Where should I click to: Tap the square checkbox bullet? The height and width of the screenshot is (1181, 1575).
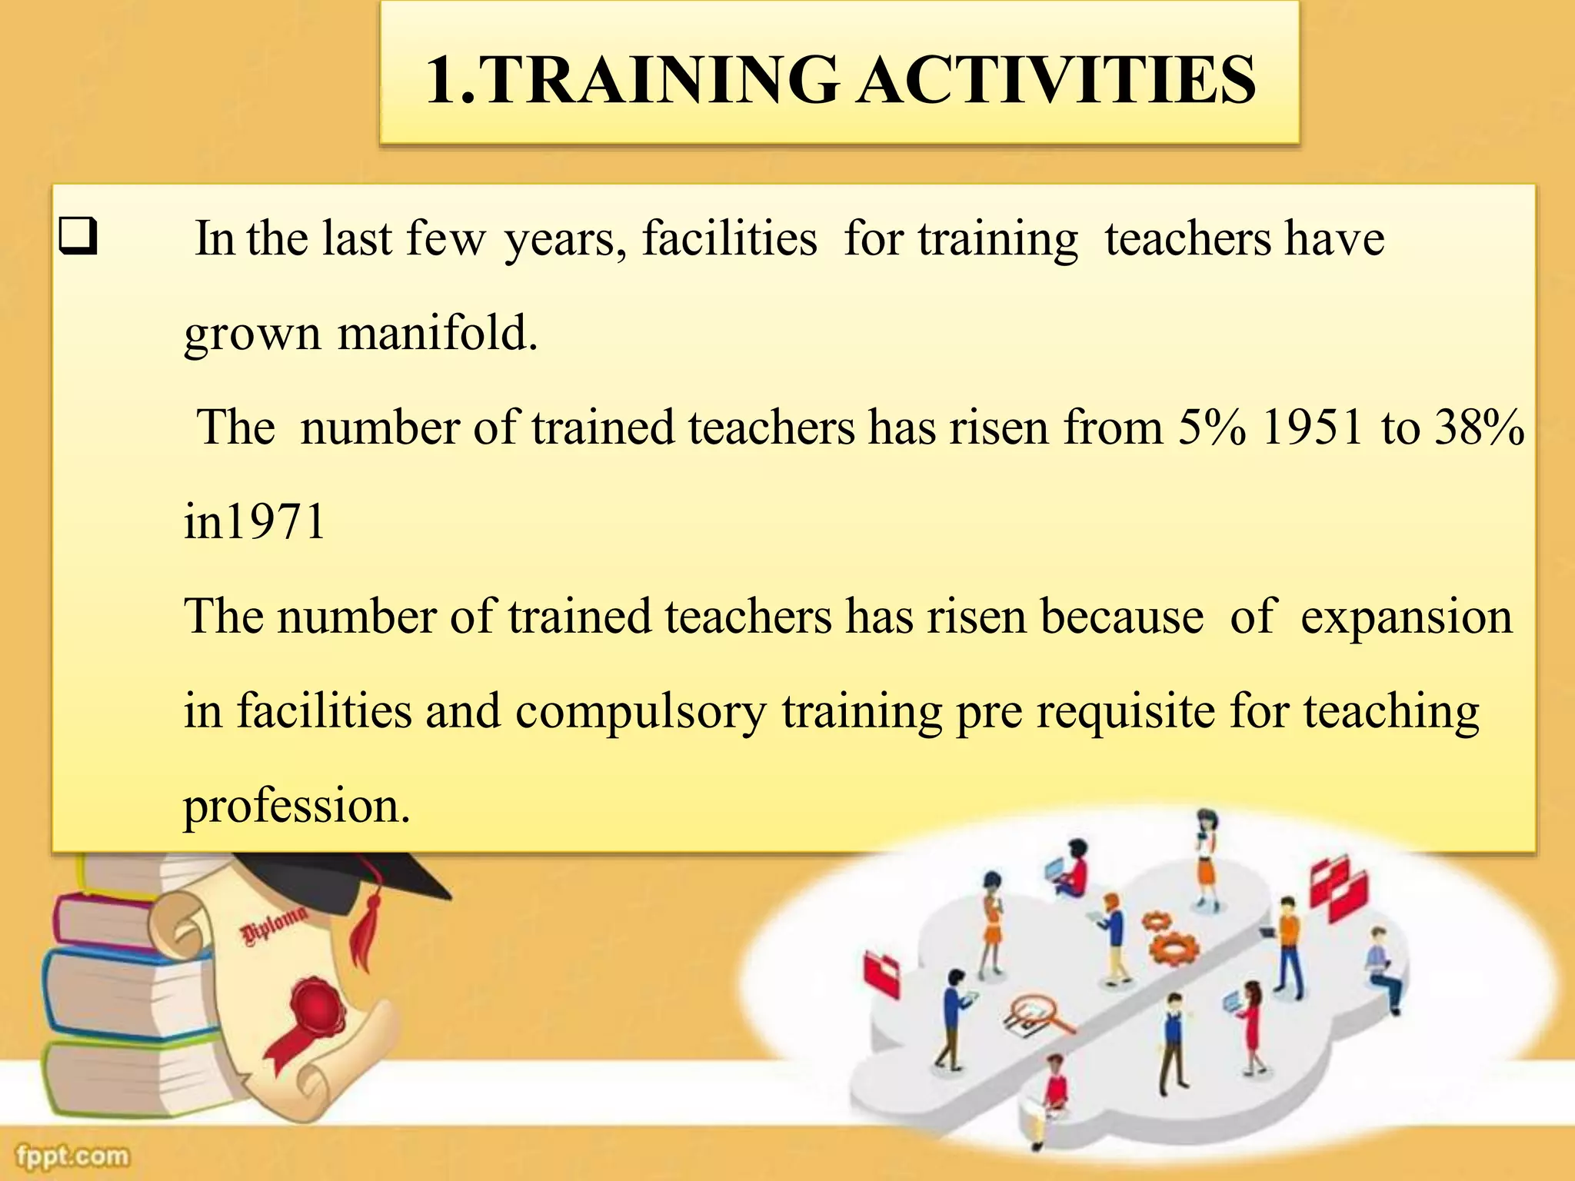[78, 237]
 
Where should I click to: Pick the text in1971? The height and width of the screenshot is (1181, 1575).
[255, 522]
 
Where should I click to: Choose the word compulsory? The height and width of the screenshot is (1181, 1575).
[641, 711]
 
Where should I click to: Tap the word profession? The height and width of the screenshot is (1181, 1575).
[297, 807]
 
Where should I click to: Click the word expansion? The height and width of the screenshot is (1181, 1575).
[1406, 617]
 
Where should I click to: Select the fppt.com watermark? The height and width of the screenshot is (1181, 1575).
[73, 1156]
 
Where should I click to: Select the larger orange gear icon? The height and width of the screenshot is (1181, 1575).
[1174, 947]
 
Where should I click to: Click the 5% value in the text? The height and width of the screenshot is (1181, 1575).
[1211, 427]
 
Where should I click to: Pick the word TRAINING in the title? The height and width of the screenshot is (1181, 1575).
[661, 80]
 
